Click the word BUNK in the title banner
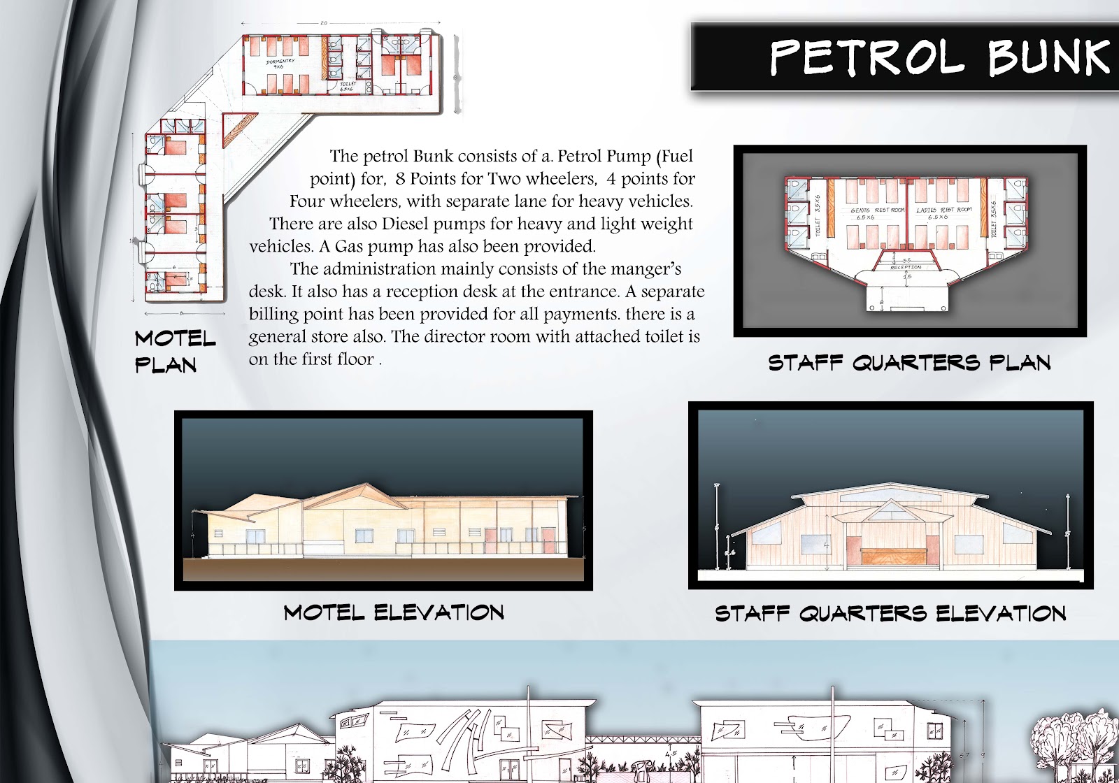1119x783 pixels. pyautogui.click(x=1049, y=57)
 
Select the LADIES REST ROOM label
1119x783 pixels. pyautogui.click(x=943, y=213)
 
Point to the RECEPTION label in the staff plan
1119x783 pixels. pyautogui.click(x=905, y=267)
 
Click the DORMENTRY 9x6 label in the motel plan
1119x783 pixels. pyautogui.click(x=280, y=64)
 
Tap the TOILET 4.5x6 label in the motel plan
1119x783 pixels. pyautogui.click(x=348, y=86)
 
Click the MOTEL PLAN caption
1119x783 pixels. pyautogui.click(x=174, y=352)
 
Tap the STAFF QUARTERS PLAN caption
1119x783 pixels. pyautogui.click(x=909, y=363)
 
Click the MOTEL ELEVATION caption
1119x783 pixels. pyautogui.click(x=394, y=613)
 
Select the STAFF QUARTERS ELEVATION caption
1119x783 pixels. pyautogui.click(x=890, y=614)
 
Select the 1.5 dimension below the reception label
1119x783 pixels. pyautogui.click(x=908, y=277)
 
